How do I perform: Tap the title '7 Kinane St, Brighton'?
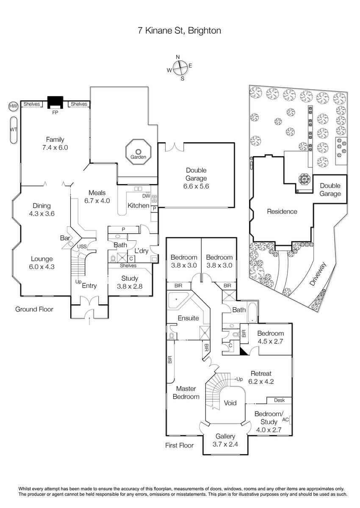(x=180, y=30)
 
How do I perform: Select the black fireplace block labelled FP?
(x=55, y=102)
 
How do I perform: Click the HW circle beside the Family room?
(x=13, y=105)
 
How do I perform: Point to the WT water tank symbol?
(x=13, y=130)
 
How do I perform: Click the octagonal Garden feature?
(x=138, y=151)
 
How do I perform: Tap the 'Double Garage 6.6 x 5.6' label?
(x=197, y=178)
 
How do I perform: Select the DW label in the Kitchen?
(x=146, y=196)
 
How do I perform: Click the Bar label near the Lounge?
(x=65, y=238)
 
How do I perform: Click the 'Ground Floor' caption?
(x=34, y=309)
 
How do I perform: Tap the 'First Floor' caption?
(x=179, y=445)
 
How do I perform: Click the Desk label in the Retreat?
(x=279, y=400)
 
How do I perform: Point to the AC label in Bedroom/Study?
(x=285, y=420)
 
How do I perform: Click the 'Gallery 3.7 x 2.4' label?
(x=225, y=440)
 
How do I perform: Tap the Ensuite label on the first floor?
(x=188, y=318)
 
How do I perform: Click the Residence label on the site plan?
(x=282, y=211)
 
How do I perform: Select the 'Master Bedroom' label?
(x=188, y=392)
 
